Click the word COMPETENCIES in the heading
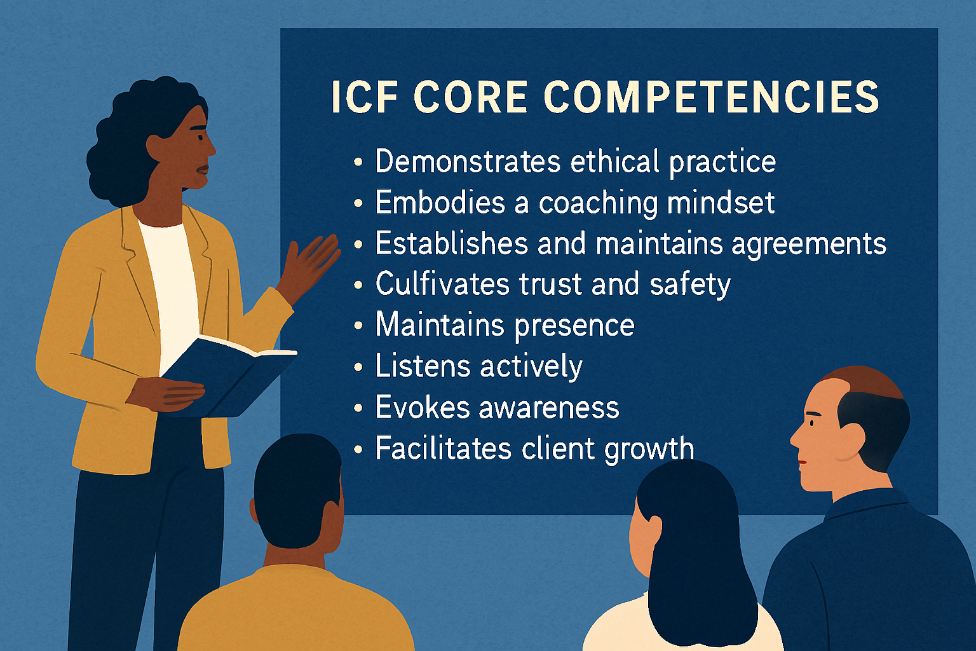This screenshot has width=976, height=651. [x=712, y=97]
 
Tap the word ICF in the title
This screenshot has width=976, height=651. [x=364, y=97]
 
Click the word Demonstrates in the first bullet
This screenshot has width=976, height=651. [x=468, y=161]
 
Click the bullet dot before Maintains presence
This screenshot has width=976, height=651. [x=358, y=326]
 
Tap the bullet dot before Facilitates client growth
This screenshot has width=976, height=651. [x=358, y=449]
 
